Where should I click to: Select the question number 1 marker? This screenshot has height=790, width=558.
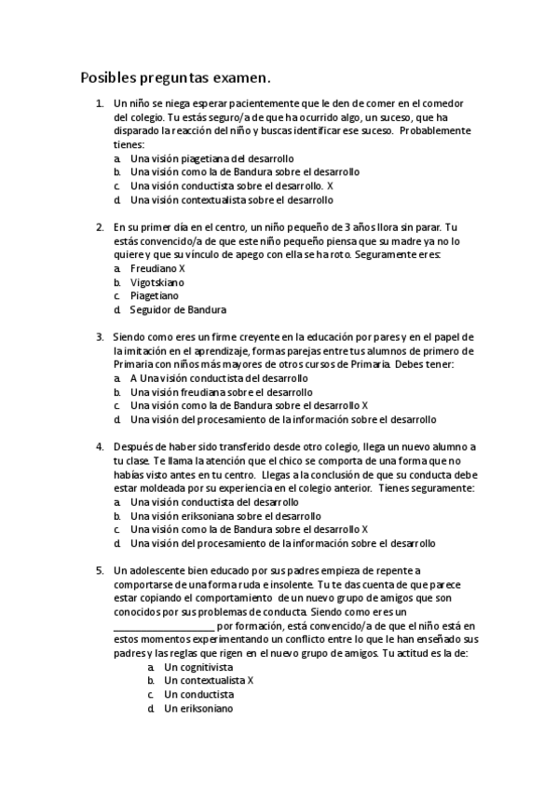tap(101, 103)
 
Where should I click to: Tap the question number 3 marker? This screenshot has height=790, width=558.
tap(101, 336)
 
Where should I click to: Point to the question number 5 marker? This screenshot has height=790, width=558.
tap(101, 569)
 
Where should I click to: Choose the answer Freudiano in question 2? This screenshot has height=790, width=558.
tap(154, 267)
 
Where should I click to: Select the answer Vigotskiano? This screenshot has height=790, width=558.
tap(157, 281)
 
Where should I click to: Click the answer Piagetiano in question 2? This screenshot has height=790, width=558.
tap(154, 295)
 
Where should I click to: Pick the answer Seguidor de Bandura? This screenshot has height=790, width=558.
tap(178, 309)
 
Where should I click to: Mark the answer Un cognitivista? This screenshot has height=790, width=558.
tap(198, 667)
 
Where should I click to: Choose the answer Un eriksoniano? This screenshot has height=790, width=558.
tap(198, 709)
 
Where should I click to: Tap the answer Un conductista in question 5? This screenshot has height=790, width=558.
tap(198, 695)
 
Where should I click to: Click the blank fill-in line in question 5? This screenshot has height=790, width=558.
tap(163, 628)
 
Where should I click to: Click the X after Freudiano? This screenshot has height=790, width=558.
tap(183, 267)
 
